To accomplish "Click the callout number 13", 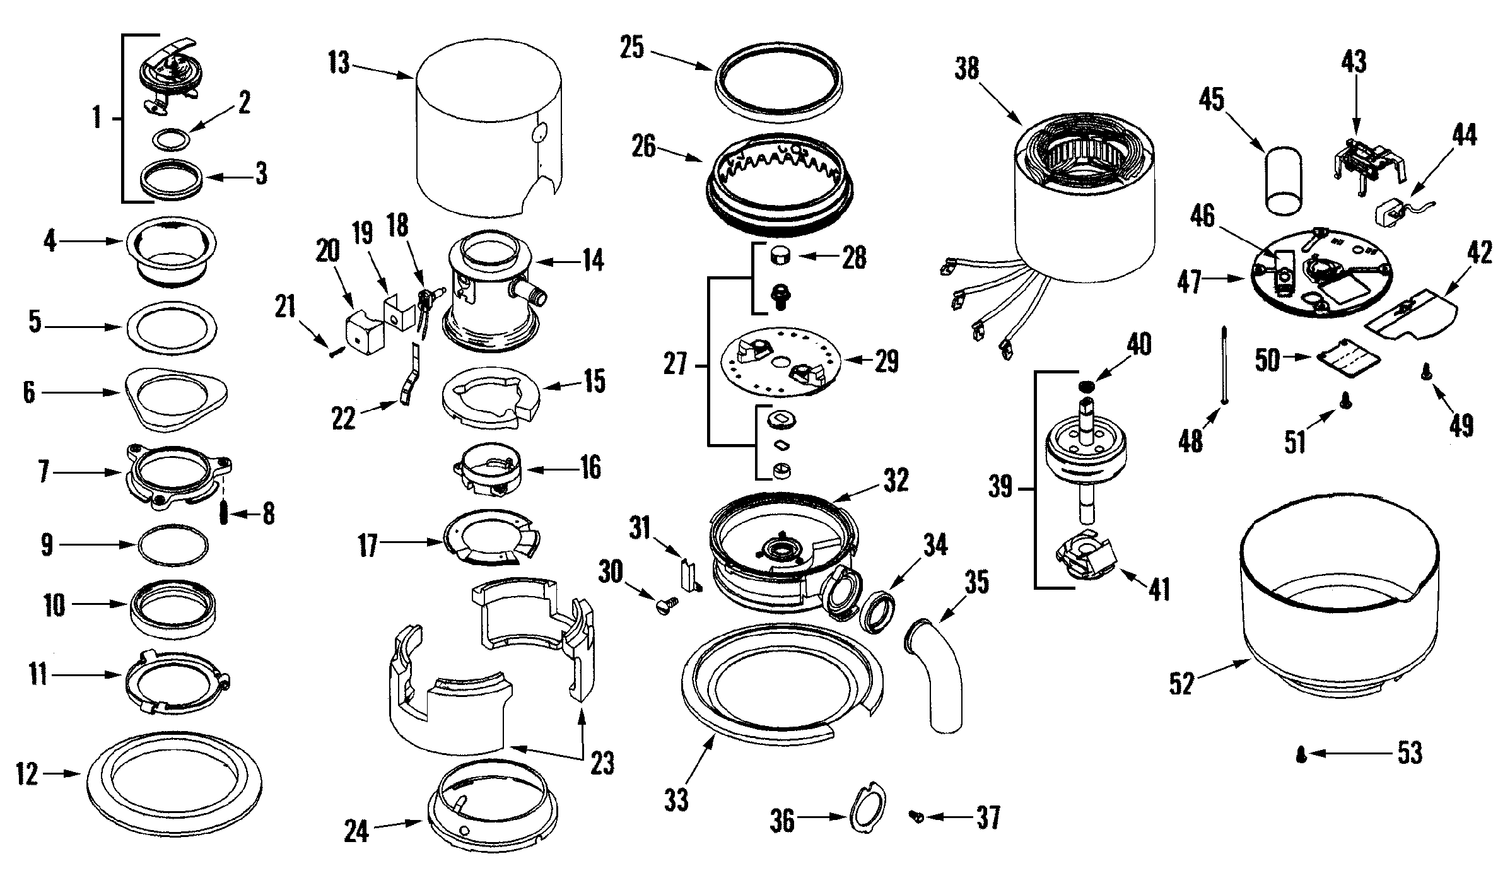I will [339, 64].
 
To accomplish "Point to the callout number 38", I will [966, 69].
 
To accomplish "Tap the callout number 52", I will [1181, 684].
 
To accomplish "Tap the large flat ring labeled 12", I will [175, 785].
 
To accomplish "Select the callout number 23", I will [602, 764].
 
